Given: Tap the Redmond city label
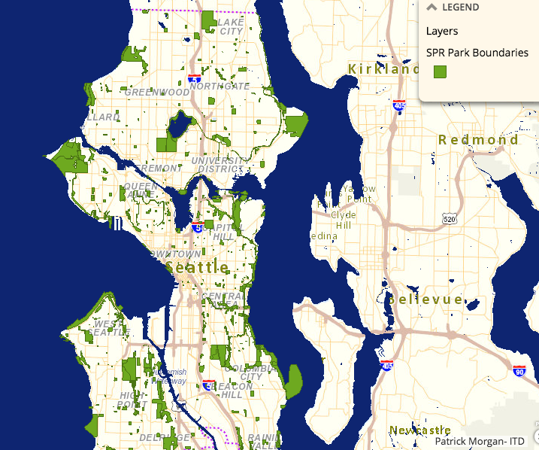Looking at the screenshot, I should [478, 140].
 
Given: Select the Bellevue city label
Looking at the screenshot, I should [425, 299].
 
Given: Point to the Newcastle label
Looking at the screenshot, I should [419, 430].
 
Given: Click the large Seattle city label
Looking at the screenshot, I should [198, 268].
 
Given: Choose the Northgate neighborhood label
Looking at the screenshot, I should [220, 86].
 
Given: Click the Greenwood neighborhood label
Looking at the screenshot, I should [157, 92].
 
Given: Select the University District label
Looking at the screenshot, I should [219, 165].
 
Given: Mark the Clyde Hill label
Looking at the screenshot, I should [343, 220].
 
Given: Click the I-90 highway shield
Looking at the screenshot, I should [519, 370].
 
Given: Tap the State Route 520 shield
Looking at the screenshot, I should [450, 218].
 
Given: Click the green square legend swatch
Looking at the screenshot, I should [440, 72].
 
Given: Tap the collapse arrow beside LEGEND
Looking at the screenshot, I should [432, 7].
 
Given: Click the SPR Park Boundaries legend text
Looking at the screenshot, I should [477, 53].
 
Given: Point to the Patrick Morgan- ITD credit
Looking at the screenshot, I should [485, 441].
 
